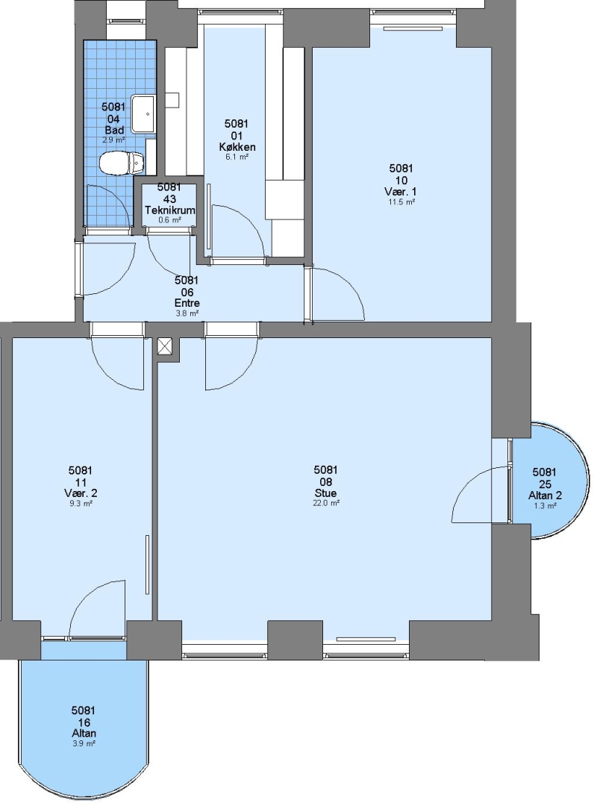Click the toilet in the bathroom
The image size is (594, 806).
[x=122, y=162]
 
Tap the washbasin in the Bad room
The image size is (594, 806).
[x=143, y=113]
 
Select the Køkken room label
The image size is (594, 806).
[x=237, y=147]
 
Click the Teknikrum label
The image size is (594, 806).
[x=169, y=210]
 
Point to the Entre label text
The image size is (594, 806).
[x=187, y=303]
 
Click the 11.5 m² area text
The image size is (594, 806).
[x=401, y=202]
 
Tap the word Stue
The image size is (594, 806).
[x=326, y=493]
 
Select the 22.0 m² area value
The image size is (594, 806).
[x=326, y=503]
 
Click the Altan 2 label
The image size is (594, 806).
[x=545, y=496]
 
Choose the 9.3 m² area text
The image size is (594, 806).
[x=81, y=504]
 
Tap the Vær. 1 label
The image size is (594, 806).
[x=401, y=192]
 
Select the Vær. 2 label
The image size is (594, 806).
[x=81, y=493]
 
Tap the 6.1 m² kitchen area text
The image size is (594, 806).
[x=237, y=157]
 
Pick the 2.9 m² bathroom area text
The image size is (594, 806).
[x=113, y=140]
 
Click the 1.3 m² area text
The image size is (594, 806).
[x=545, y=506]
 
